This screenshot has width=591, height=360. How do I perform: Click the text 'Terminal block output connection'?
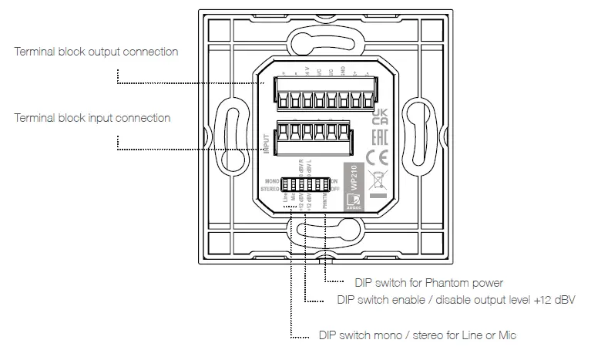pyautogui.click(x=96, y=52)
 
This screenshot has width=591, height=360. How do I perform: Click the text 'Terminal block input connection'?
pyautogui.click(x=92, y=119)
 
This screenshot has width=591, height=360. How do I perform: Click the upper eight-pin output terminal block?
pyautogui.click(x=312, y=99)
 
